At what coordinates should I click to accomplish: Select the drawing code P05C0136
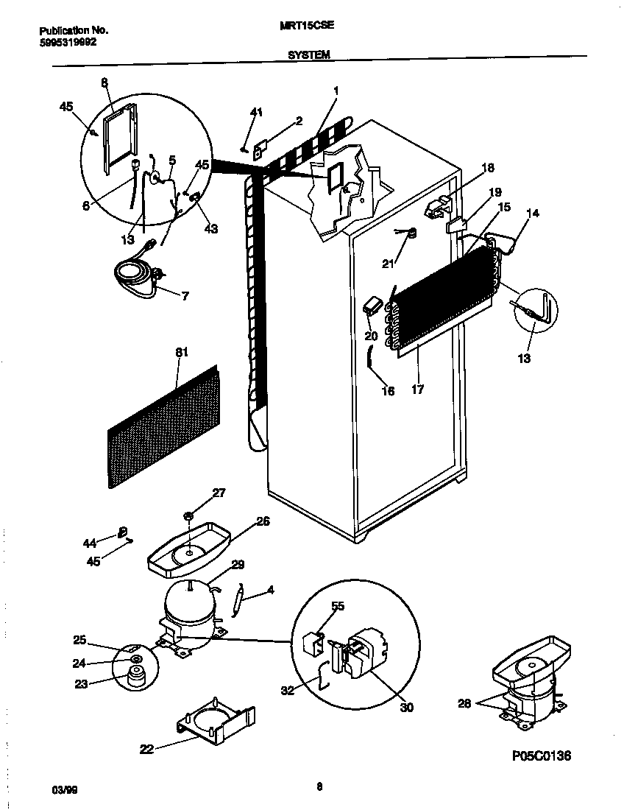(x=537, y=756)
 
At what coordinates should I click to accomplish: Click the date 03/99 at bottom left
(x=64, y=790)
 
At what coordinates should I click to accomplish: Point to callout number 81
(x=181, y=353)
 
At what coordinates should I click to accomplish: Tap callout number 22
(x=147, y=750)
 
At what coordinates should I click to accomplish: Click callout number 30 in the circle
(x=406, y=708)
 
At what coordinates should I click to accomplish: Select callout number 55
(x=337, y=606)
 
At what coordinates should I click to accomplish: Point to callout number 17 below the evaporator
(x=417, y=390)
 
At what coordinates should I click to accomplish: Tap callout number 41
(x=256, y=112)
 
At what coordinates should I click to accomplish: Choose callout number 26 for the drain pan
(x=263, y=521)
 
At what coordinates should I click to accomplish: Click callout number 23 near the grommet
(x=80, y=683)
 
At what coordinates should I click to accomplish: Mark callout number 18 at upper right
(x=488, y=167)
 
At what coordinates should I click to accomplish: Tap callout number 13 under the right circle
(x=524, y=359)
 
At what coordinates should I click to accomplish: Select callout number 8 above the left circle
(x=104, y=84)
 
